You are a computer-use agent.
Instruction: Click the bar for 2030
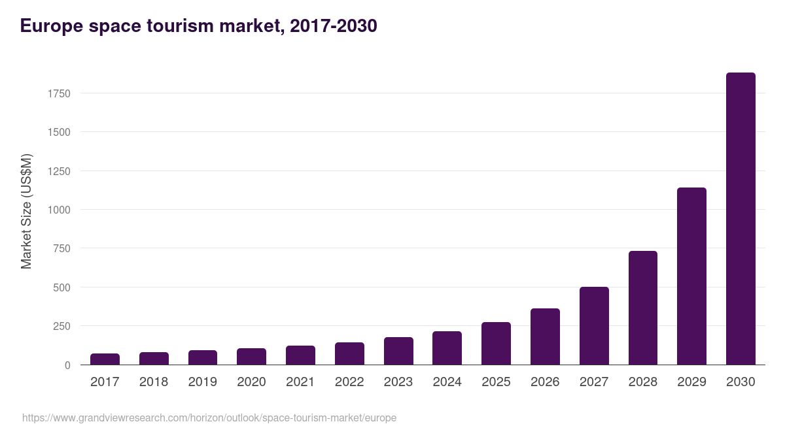pos(741,219)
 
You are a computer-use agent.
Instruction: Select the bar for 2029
pos(691,276)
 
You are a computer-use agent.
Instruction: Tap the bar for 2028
pos(642,308)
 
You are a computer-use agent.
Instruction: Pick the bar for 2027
pos(594,326)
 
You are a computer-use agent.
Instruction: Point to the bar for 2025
pos(496,344)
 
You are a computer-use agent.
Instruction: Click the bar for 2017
pos(105,359)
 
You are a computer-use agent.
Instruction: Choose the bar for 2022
pos(349,353)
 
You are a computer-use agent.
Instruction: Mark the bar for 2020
pos(251,357)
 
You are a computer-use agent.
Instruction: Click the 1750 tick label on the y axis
pos(59,93)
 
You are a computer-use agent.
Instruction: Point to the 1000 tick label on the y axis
pos(59,210)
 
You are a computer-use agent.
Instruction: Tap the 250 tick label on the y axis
pos(61,326)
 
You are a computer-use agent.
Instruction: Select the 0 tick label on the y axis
pos(67,365)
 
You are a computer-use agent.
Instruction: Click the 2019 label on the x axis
pos(202,382)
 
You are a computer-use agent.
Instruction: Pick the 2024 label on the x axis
pos(447,382)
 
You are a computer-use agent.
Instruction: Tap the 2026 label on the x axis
pos(545,382)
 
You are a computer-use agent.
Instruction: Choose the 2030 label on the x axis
pos(741,382)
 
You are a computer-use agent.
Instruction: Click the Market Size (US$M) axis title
pos(26,211)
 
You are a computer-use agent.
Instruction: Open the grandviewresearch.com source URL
pos(209,417)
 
